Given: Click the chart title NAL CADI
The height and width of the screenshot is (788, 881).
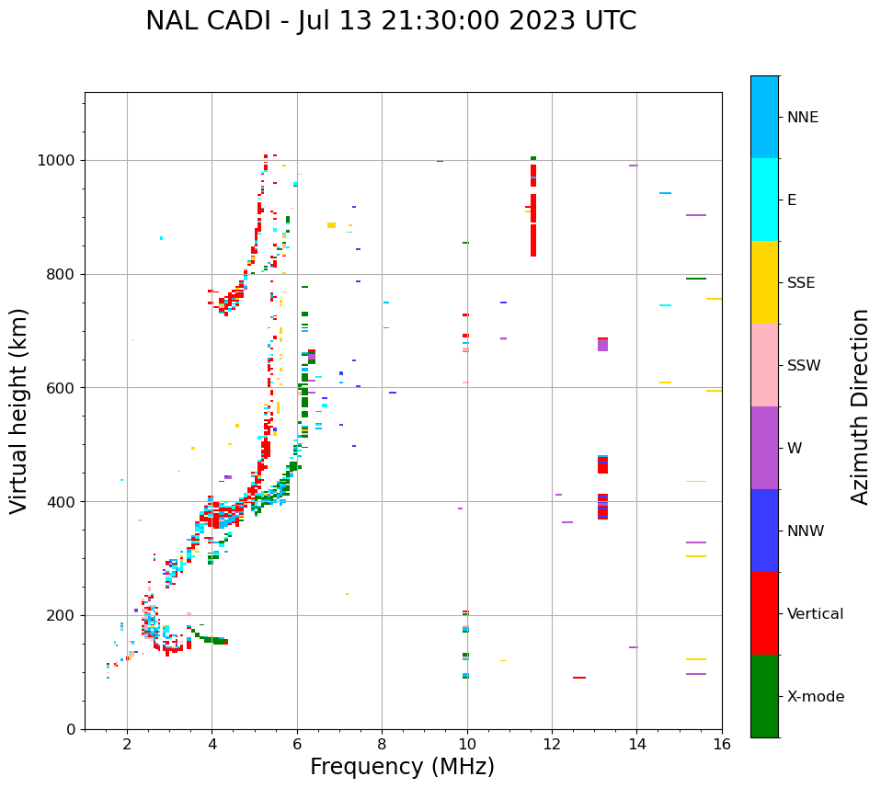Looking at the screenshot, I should point(390,21).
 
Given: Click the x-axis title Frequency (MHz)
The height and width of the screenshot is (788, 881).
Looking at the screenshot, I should point(402,767).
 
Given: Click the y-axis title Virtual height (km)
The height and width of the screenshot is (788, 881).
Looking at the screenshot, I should point(19,410).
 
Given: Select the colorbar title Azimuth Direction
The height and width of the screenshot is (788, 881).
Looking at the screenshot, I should point(860,405).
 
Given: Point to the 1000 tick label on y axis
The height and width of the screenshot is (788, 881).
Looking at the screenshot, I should point(57,161).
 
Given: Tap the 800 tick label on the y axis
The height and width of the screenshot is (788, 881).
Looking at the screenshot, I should point(61,274).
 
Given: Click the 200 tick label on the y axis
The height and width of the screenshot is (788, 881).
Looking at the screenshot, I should point(61,616).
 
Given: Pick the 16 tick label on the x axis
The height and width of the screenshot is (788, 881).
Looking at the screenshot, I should point(722,743).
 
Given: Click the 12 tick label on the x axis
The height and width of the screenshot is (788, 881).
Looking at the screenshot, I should point(552,743).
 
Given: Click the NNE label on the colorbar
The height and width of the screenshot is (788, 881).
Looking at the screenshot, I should point(803,118).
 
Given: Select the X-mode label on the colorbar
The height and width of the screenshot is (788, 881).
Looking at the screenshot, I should point(816,697).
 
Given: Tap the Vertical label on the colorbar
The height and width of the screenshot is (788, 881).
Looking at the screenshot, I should point(815,614).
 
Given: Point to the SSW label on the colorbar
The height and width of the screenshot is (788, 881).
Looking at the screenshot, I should point(804,366).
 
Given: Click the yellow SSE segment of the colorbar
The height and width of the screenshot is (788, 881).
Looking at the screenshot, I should point(764,282).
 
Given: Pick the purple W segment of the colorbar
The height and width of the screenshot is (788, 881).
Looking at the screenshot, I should point(764,448).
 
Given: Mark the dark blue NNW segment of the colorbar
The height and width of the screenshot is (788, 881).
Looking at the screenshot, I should point(764,531).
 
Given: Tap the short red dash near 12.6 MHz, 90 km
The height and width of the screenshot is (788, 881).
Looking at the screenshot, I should point(579,678).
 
